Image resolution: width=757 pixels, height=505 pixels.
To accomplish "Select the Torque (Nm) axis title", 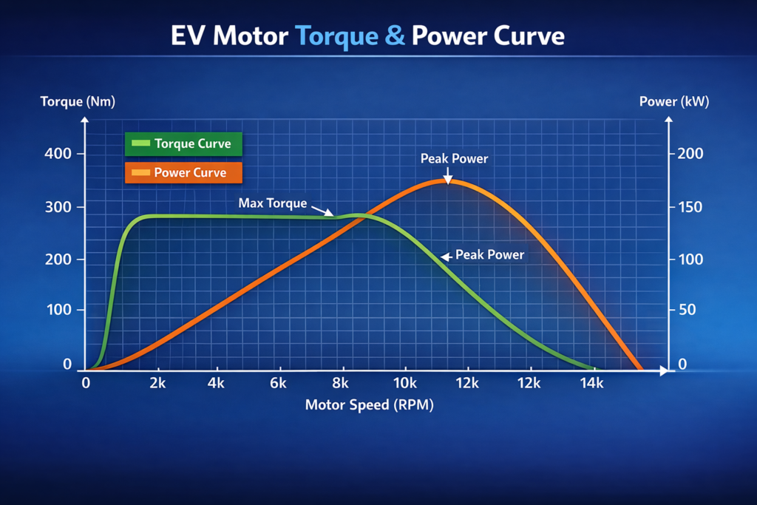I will point(78,101).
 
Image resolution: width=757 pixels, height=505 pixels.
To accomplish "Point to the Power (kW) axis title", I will point(673,101).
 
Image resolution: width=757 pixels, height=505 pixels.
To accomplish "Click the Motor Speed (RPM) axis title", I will point(369,404).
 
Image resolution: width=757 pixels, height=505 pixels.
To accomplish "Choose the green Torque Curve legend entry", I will point(184,143).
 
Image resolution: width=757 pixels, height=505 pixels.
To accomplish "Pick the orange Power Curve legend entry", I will point(184,173).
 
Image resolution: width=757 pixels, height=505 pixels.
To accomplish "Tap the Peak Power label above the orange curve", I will point(454,158).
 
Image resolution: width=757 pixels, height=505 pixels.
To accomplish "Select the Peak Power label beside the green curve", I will point(489,254).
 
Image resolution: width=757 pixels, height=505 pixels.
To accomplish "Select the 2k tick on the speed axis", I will point(156,383).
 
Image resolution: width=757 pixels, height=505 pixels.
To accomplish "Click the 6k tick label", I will point(278,383).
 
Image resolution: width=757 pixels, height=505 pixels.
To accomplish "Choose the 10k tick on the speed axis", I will point(404,383).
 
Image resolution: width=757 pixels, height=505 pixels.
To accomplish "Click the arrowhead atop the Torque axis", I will point(87,121).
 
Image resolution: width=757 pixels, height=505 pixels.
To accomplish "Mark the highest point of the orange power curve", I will point(447,180).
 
